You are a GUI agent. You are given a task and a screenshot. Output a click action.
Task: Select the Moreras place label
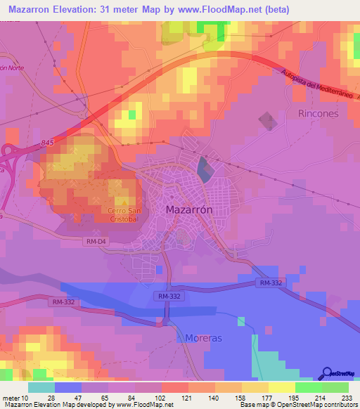coord(203,338)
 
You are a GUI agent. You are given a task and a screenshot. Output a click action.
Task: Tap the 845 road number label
coord(47,143)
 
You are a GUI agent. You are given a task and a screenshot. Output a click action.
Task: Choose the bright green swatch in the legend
coord(308,387)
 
